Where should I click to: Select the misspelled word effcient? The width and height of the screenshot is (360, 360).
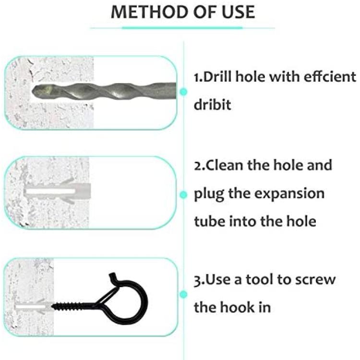pyautogui.click(x=330, y=76)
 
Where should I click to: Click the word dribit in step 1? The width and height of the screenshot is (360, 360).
pyautogui.click(x=212, y=105)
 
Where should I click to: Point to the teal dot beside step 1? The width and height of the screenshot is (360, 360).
pyautogui.click(x=183, y=92)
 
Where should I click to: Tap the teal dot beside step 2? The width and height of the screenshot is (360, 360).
pyautogui.click(x=183, y=195)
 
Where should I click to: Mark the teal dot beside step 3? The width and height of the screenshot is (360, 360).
pyautogui.click(x=183, y=294)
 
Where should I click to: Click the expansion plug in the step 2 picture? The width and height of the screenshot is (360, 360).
pyautogui.click(x=58, y=191)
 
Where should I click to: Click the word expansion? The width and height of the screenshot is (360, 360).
pyautogui.click(x=289, y=194)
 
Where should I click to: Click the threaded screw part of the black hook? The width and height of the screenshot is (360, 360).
pyautogui.click(x=73, y=306)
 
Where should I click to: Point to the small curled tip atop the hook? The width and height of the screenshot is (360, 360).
pyautogui.click(x=113, y=276)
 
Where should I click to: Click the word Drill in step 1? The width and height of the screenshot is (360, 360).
pyautogui.click(x=218, y=76)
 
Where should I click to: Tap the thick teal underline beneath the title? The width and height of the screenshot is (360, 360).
pyautogui.click(x=182, y=28)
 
